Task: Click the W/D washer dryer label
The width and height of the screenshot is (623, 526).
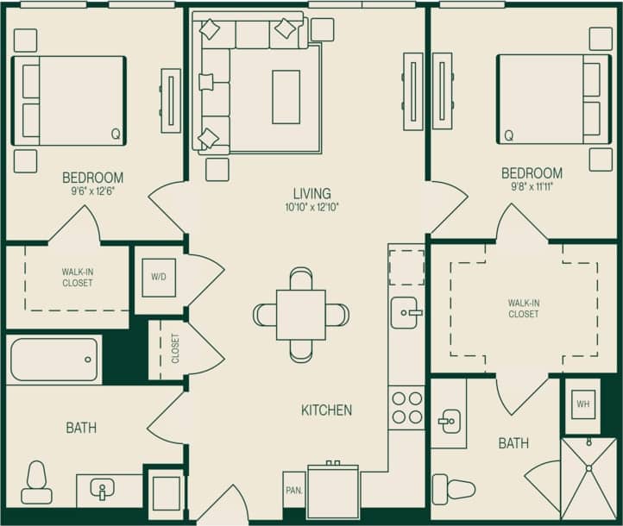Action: (159, 278)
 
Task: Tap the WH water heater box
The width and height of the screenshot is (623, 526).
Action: (582, 404)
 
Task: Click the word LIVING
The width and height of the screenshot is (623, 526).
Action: (311, 193)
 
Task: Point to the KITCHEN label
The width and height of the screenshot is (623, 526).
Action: (326, 410)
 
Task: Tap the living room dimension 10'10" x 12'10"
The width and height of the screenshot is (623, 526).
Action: (311, 208)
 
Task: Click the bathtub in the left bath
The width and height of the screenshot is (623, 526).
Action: (54, 360)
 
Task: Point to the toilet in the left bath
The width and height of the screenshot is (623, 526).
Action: (36, 482)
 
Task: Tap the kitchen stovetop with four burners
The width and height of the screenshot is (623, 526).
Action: (406, 407)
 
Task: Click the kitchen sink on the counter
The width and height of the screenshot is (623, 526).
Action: (405, 312)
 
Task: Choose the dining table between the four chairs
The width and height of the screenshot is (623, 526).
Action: (300, 315)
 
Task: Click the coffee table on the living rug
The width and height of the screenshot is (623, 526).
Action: (286, 97)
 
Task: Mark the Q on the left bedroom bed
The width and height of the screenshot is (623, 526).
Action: (115, 134)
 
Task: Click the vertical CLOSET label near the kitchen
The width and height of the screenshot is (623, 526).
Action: (175, 348)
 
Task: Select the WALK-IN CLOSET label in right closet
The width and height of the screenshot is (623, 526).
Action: (523, 308)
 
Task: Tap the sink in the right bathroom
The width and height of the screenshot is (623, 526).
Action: (448, 423)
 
